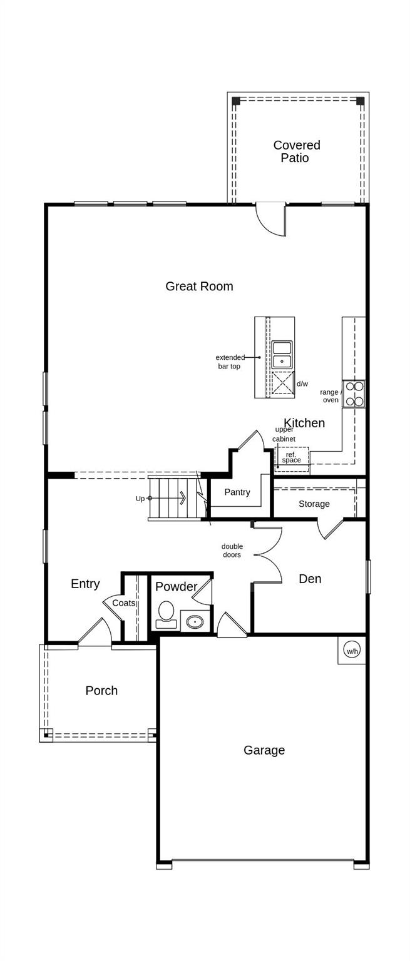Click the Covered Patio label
(x=296, y=151)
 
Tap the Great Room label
(x=199, y=287)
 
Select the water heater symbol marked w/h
(x=352, y=651)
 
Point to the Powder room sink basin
(x=195, y=622)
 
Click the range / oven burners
(x=354, y=394)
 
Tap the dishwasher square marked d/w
(x=282, y=383)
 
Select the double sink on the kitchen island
(x=282, y=354)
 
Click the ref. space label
(x=292, y=458)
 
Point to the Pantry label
(x=237, y=492)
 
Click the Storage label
(x=314, y=504)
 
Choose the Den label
(x=310, y=579)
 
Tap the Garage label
(x=264, y=750)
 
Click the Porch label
(x=101, y=691)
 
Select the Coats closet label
(x=123, y=603)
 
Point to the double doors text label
(x=232, y=551)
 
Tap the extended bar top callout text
(x=230, y=362)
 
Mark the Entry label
(x=85, y=584)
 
